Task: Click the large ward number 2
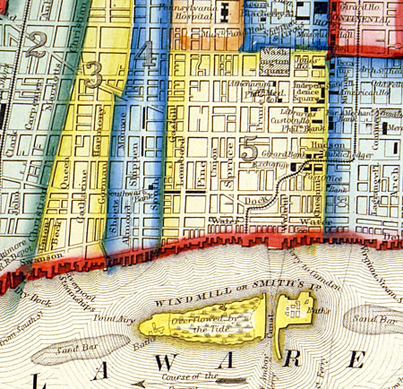(x=36, y=45)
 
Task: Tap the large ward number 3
(x=93, y=77)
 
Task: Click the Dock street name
(x=259, y=200)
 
